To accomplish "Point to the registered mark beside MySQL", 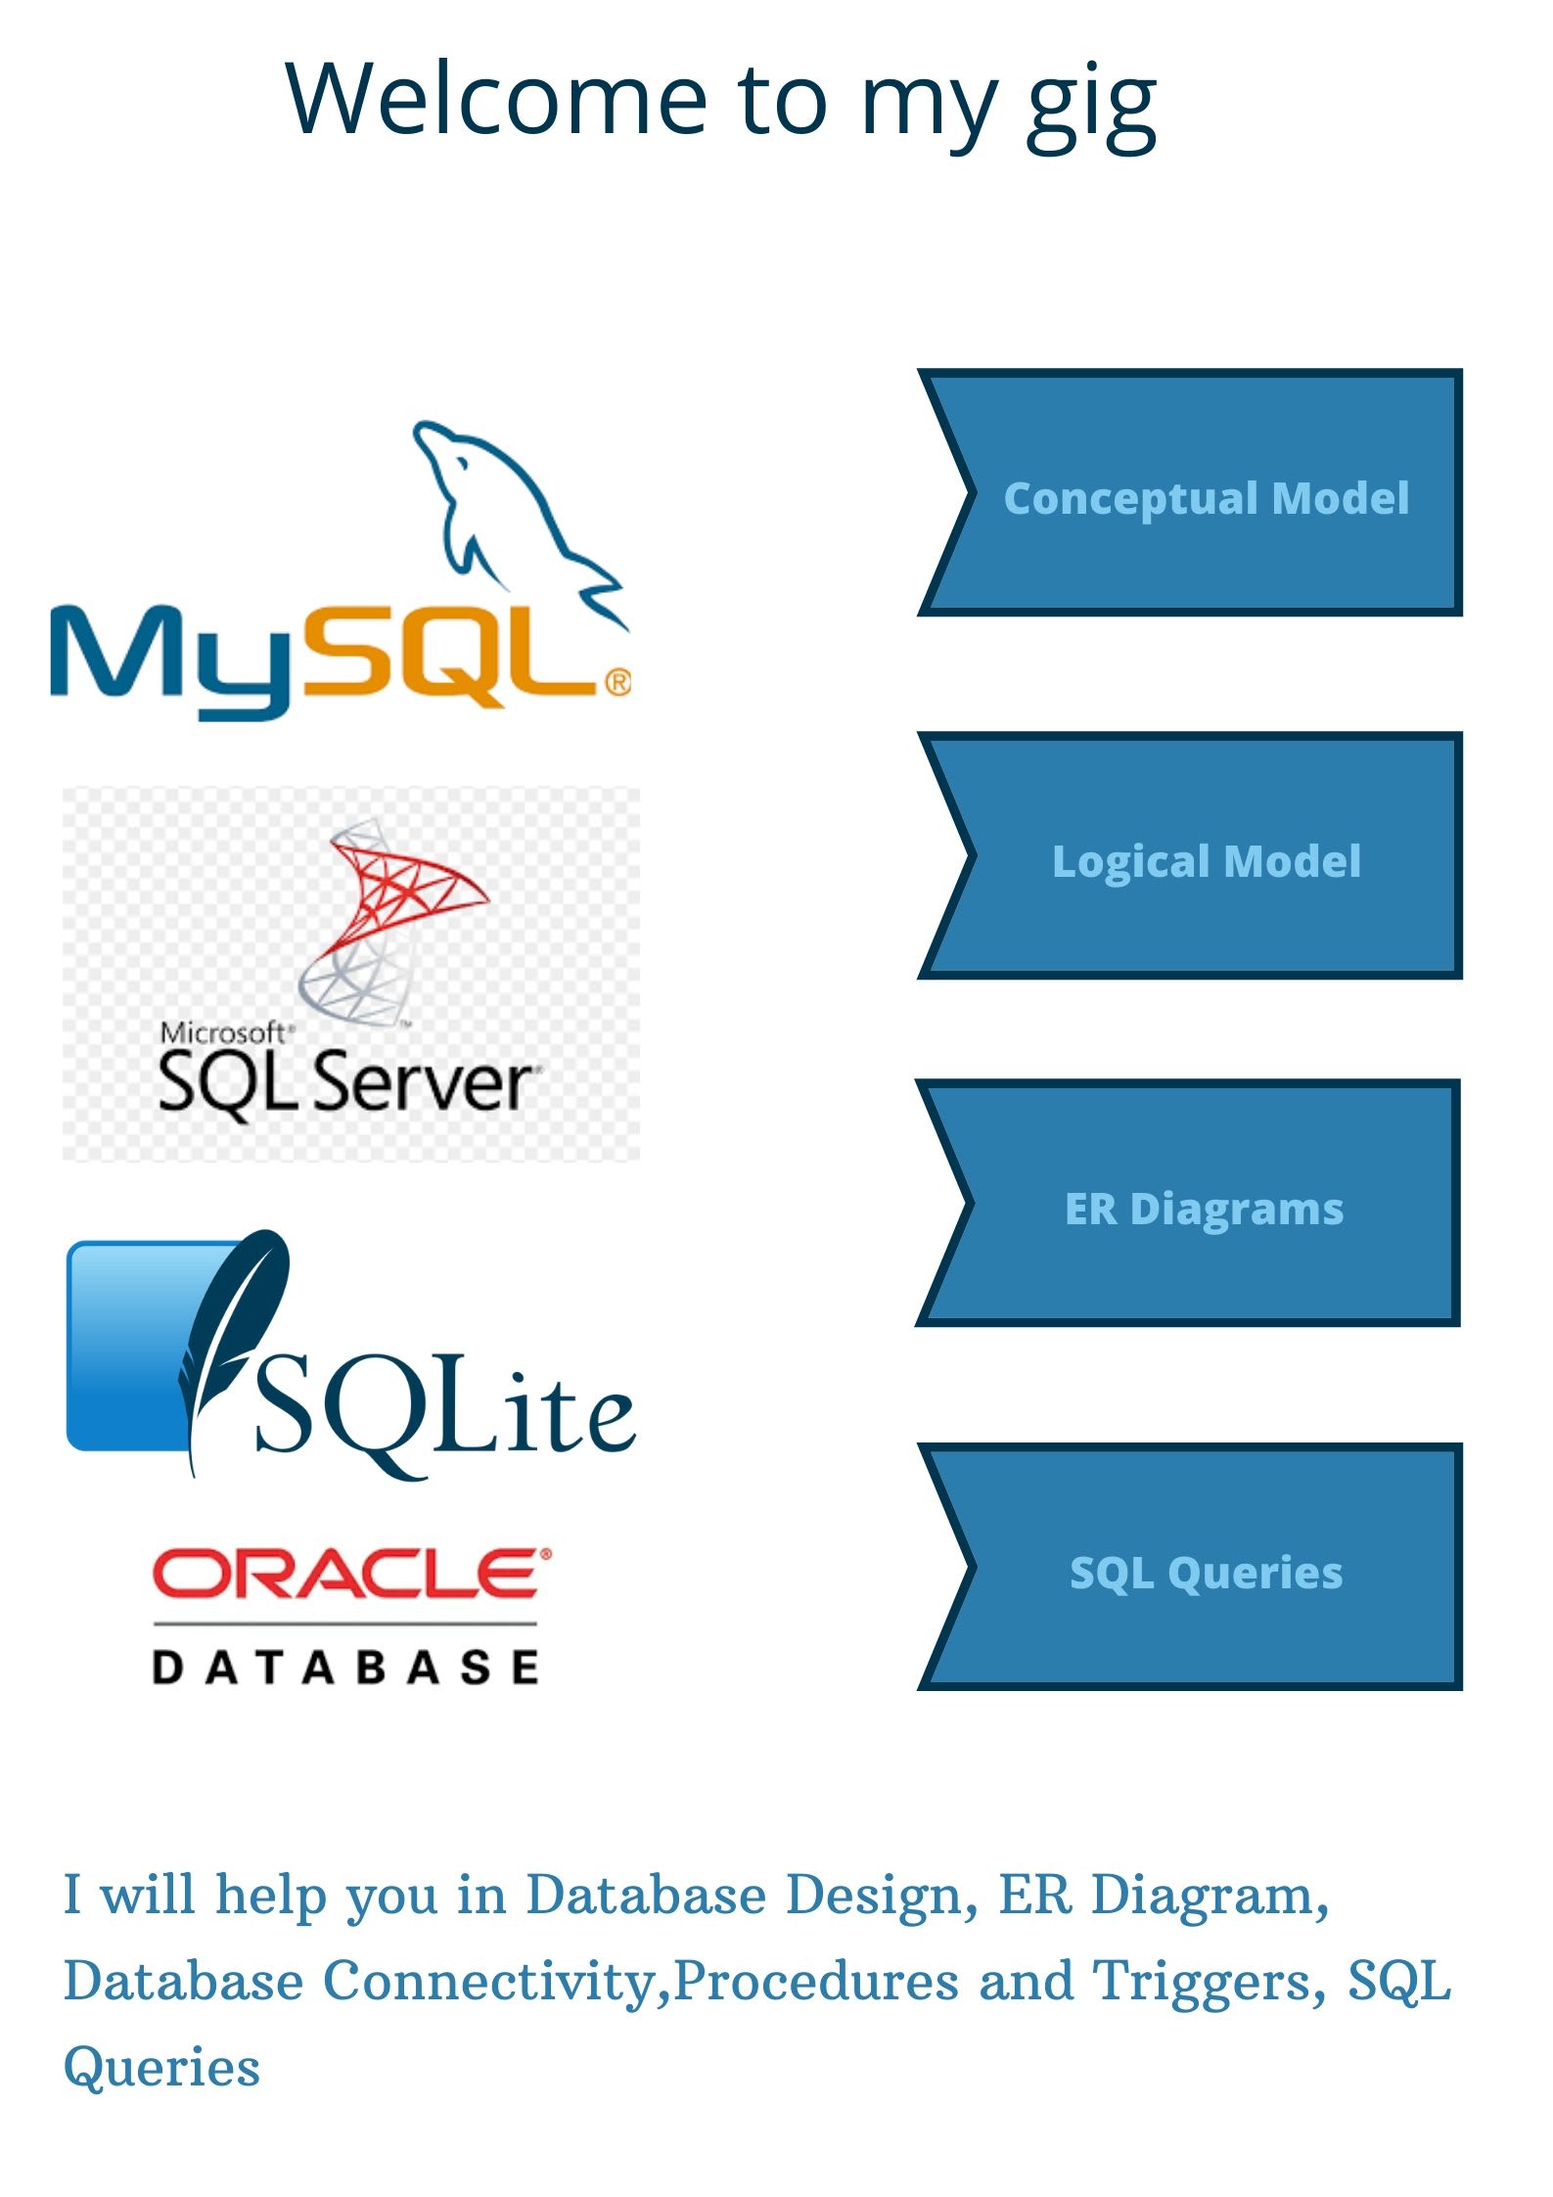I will click(x=618, y=681).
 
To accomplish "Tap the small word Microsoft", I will click(x=223, y=1032).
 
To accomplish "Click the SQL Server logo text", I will click(x=344, y=1082).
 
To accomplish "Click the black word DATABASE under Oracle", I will click(x=345, y=1667).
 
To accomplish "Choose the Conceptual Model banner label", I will click(x=1206, y=498).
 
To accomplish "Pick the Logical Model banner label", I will click(x=1206, y=861).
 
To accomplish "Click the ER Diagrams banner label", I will click(x=1204, y=1209).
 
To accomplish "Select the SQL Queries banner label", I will click(x=1206, y=1573).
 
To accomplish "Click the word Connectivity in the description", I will click(x=495, y=1981).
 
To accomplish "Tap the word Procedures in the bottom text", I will click(x=816, y=1981).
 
